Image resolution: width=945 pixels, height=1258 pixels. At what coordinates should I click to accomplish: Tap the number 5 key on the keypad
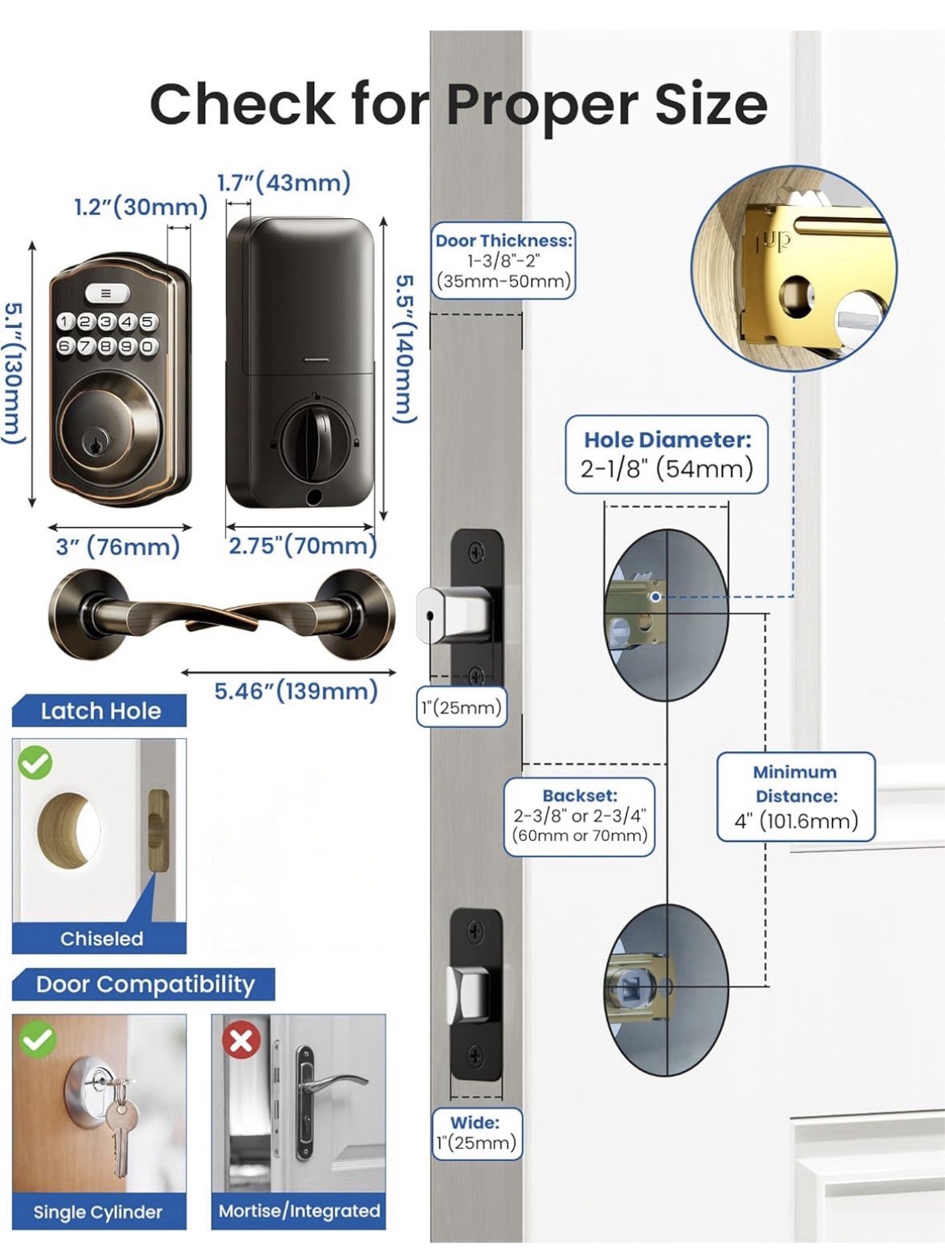(147, 322)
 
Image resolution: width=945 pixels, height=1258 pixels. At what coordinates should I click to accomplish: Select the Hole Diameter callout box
(667, 455)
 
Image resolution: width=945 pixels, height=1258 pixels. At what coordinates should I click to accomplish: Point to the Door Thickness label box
(503, 261)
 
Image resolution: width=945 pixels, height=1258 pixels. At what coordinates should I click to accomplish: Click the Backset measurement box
(580, 816)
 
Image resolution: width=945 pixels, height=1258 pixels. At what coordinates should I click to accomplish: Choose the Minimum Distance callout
(796, 797)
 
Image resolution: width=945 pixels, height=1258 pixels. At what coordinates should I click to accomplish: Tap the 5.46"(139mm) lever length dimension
(296, 691)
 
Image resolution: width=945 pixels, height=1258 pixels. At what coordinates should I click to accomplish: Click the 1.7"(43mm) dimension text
(284, 183)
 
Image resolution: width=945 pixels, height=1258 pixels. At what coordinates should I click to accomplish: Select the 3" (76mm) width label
(118, 546)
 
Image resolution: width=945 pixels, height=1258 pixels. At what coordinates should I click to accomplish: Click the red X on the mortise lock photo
(241, 1040)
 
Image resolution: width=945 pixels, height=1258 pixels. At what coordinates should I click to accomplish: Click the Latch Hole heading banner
(99, 710)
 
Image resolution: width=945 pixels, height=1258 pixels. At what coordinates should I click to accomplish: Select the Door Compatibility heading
(143, 984)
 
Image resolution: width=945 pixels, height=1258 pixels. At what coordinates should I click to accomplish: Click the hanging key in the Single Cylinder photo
(121, 1127)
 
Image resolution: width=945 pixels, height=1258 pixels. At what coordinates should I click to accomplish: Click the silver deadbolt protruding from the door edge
(452, 615)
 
